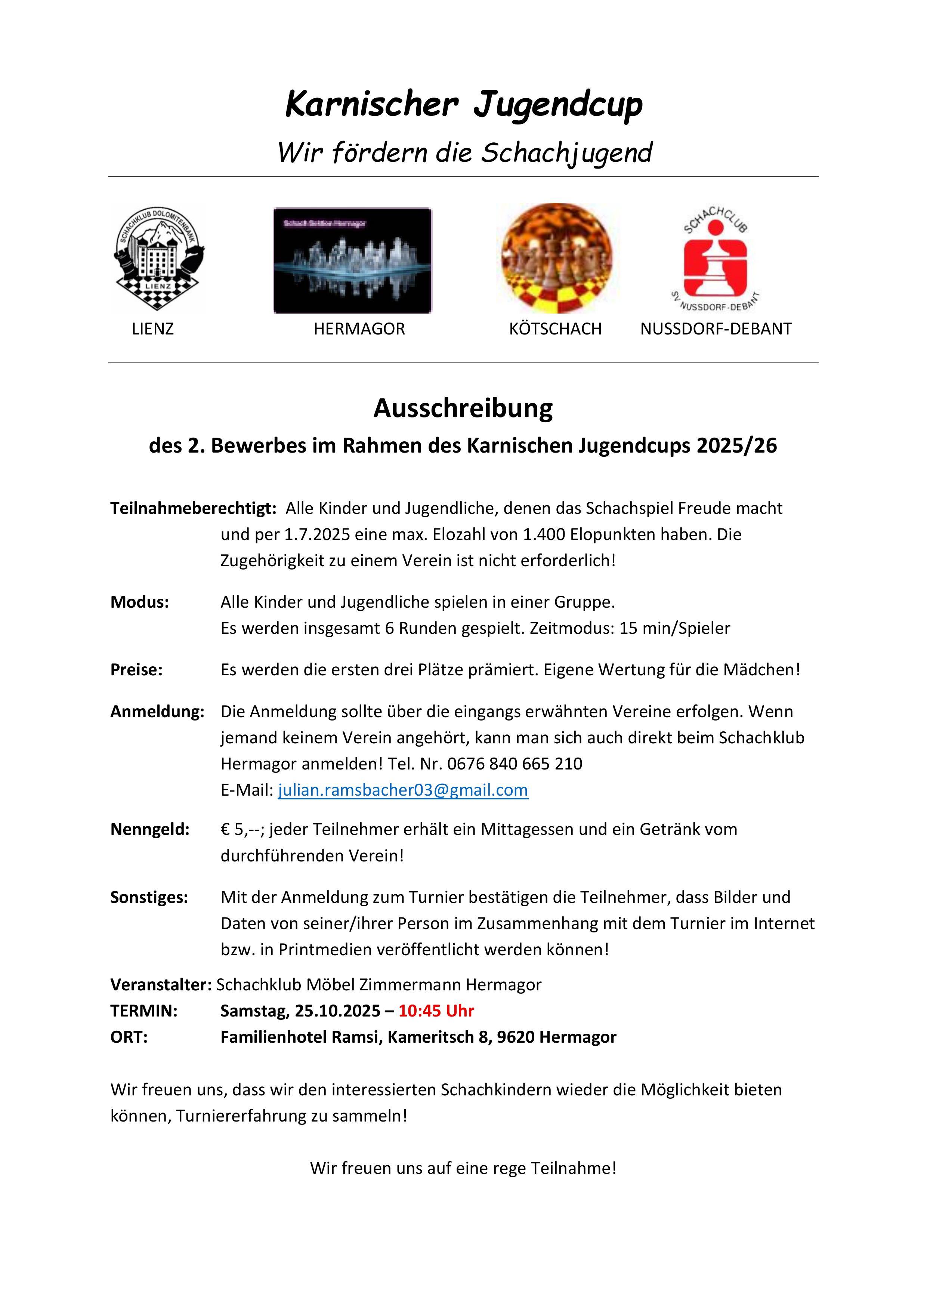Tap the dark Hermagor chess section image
pos(352,260)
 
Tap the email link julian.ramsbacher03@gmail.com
pos(403,790)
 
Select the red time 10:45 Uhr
pos(436,1011)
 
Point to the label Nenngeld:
pos(149,830)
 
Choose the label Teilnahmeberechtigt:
pos(193,508)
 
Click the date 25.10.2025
pos(338,1011)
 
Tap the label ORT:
pos(129,1037)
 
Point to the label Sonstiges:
pos(149,898)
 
